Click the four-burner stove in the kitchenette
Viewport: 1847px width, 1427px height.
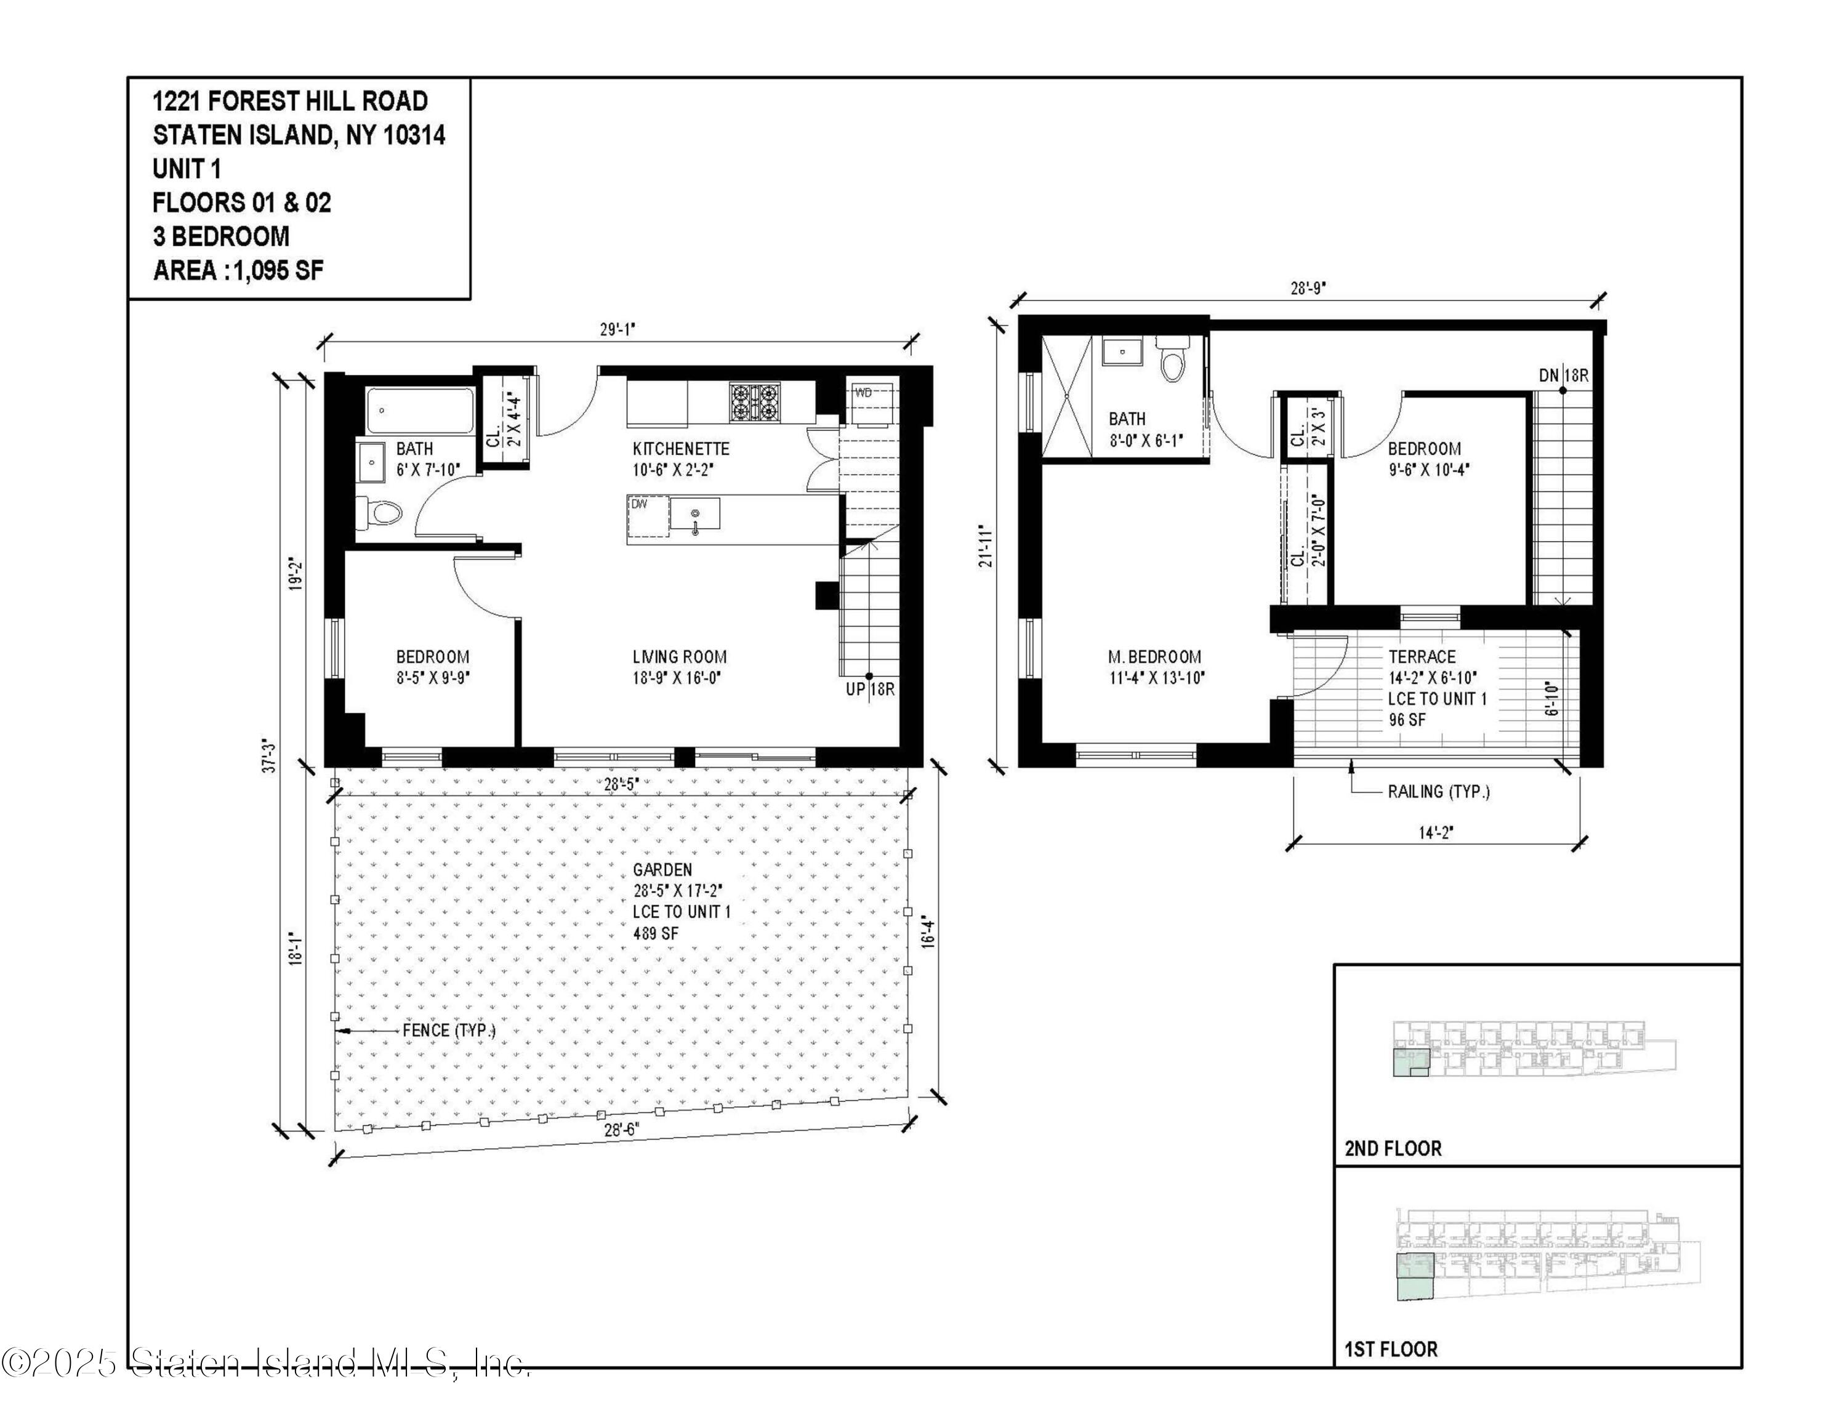tap(754, 403)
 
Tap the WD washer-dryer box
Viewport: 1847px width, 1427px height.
tap(869, 404)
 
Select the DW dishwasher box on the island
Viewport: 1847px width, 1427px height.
tap(648, 517)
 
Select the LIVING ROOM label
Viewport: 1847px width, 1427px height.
tap(679, 657)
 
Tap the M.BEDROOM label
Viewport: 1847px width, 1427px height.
tap(1154, 657)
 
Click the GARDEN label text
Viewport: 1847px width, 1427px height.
tap(662, 870)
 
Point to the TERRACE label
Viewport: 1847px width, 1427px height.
tap(1422, 657)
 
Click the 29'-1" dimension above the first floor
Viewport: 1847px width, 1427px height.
tap(618, 330)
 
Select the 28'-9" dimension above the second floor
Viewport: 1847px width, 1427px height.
tap(1308, 288)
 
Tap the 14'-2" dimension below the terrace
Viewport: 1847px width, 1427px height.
tap(1435, 833)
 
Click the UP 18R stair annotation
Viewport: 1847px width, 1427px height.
tap(870, 689)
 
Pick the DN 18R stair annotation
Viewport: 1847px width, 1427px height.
tap(1564, 376)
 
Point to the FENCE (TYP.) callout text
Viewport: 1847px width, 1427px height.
tap(449, 1031)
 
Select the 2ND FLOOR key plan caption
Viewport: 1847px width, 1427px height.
tap(1393, 1148)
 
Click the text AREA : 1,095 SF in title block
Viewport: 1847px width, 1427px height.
tap(238, 270)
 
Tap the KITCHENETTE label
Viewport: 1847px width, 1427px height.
tap(681, 449)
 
